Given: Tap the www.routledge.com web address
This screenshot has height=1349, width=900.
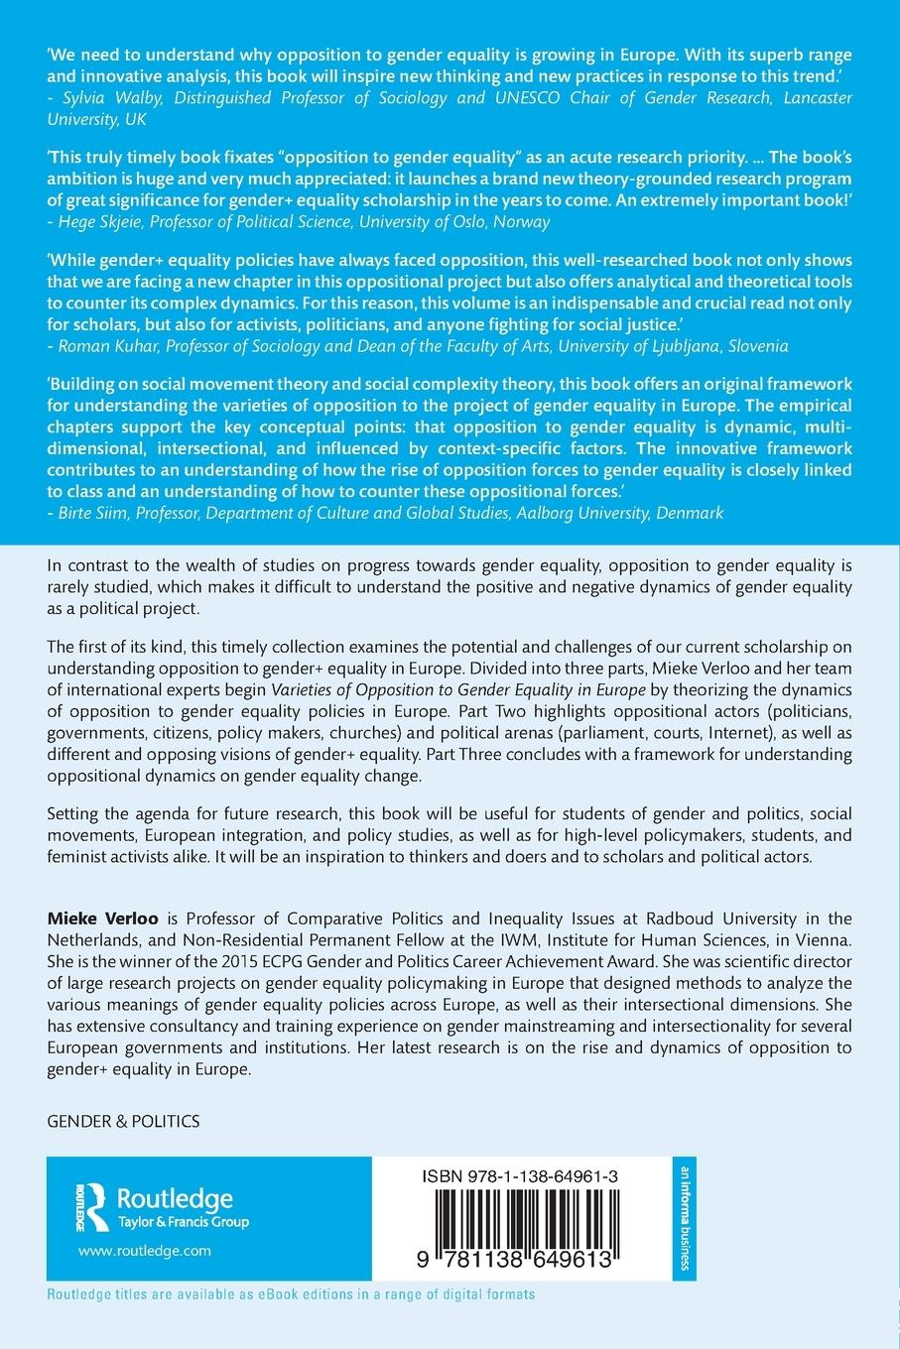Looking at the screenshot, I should pyautogui.click(x=144, y=1251).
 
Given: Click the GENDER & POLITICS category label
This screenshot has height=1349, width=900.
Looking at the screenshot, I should pyautogui.click(x=123, y=1122).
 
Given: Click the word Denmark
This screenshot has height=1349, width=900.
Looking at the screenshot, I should pyautogui.click(x=692, y=513).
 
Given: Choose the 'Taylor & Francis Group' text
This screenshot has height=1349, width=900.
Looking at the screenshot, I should pyautogui.click(x=183, y=1222).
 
